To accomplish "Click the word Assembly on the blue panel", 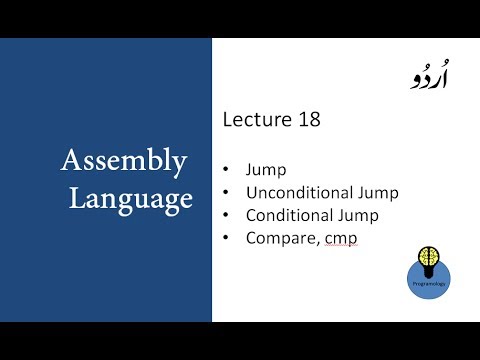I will tap(124, 161).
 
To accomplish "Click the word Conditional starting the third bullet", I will tap(286, 215).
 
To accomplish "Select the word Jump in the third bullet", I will tap(348, 215).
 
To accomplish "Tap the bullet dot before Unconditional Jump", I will tap(227, 193).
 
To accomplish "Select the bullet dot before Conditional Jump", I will tap(227, 215).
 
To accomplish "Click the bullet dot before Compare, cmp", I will tap(227, 237).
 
